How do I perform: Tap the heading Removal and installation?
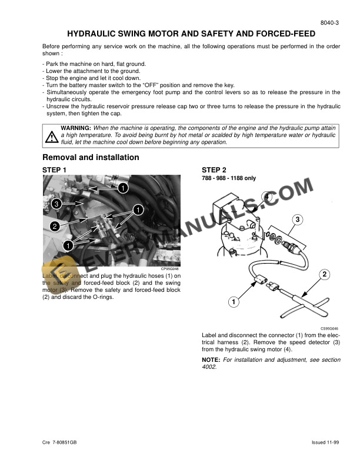(x=91, y=157)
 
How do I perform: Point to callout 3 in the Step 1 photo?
(x=56, y=204)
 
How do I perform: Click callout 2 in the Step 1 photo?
(x=54, y=226)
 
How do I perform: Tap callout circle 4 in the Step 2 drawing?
(x=267, y=197)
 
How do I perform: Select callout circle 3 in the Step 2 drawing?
(x=298, y=219)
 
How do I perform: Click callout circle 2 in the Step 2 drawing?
(x=324, y=274)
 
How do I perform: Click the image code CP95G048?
(x=171, y=269)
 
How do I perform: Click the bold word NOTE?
(x=210, y=359)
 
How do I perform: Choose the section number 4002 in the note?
(x=209, y=367)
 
